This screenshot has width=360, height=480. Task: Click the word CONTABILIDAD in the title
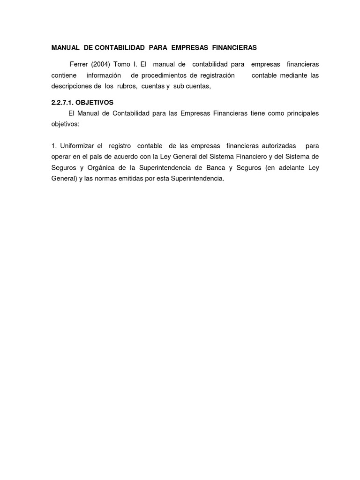click(120, 48)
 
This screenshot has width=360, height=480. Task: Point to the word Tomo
click(122, 64)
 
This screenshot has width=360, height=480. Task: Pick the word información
click(104, 75)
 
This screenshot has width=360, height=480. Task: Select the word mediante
click(293, 75)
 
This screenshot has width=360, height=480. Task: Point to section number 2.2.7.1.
click(62, 102)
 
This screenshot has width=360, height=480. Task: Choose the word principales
click(300, 113)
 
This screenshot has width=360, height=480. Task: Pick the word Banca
click(216, 168)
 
